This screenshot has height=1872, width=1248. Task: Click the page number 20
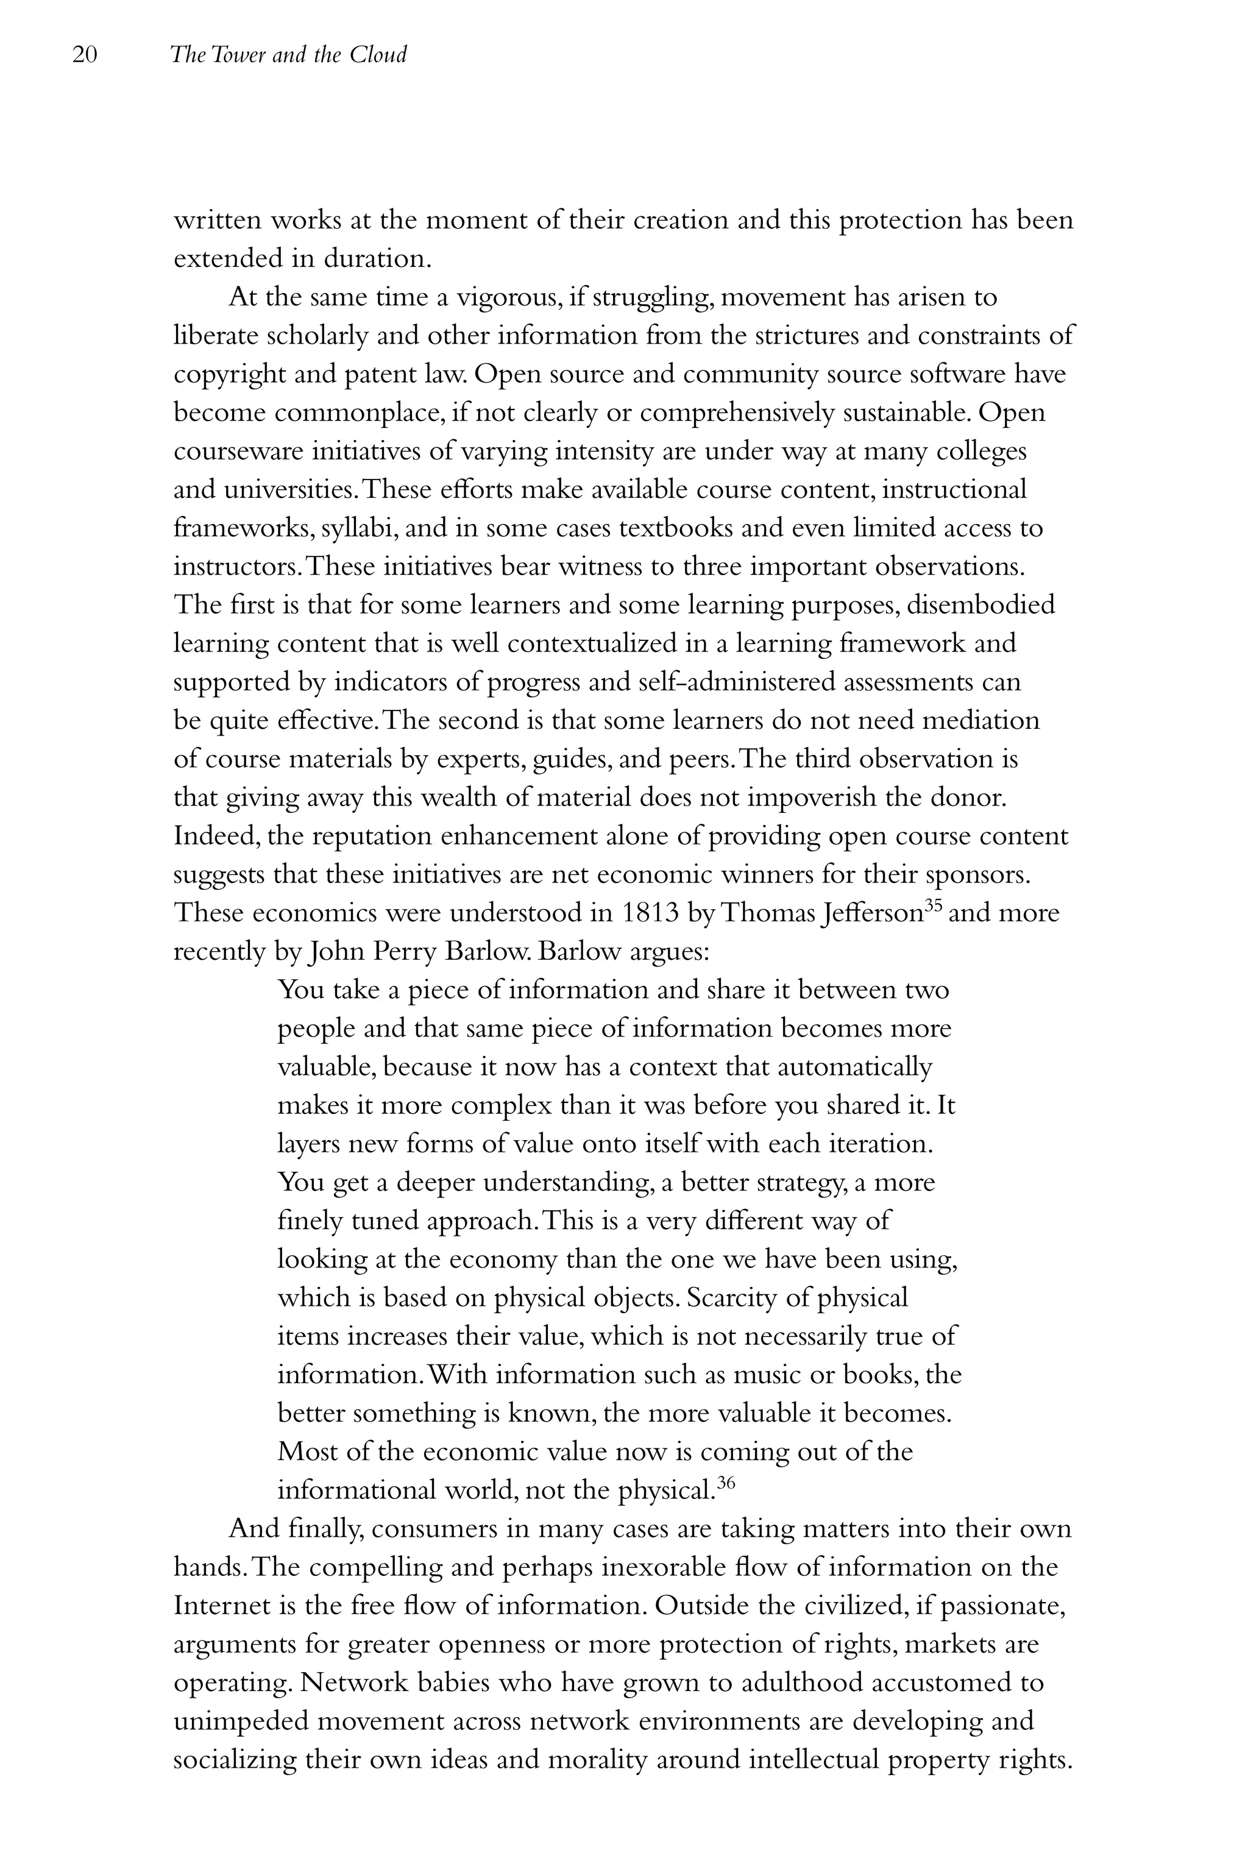point(84,55)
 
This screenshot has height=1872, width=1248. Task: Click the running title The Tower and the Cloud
point(288,55)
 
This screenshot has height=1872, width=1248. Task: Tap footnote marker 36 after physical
point(725,1482)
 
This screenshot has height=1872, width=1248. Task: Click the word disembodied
point(980,605)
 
